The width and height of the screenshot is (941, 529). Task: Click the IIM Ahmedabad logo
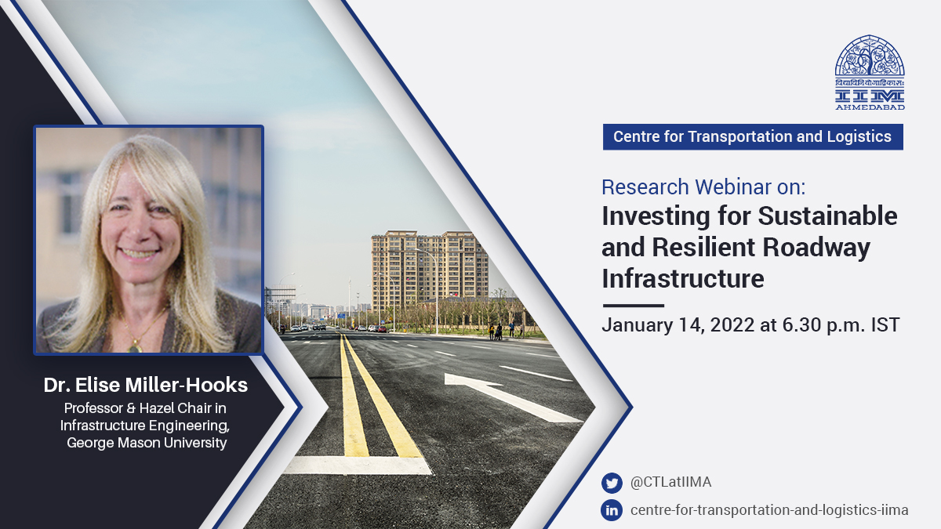870,73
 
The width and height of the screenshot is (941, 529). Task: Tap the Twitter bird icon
612,483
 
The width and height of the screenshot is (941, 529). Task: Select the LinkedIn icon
612,510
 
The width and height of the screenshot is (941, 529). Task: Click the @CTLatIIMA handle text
671,482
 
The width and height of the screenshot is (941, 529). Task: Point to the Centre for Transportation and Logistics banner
753,137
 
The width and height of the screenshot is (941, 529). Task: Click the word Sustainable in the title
827,216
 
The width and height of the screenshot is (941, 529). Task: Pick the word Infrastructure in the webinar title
683,278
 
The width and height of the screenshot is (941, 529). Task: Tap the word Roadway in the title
816,248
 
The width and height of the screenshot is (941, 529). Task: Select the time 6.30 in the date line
801,325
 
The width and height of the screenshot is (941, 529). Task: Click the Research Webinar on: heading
703,187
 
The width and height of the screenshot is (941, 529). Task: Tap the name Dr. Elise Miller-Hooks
146,385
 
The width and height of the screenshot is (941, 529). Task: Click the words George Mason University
147,443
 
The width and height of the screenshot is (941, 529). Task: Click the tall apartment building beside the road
430,269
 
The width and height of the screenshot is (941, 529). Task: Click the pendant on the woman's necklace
135,348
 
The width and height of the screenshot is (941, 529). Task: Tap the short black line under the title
633,306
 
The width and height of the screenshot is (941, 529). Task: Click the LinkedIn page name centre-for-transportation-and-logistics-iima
769,510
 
